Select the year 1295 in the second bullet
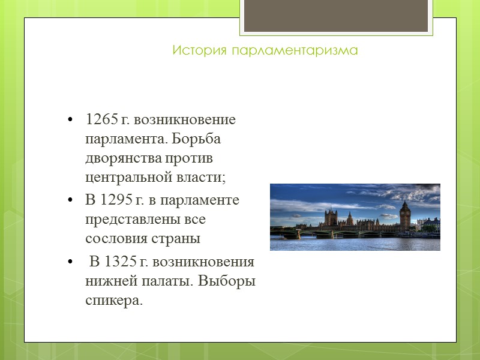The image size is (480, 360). pos(114,200)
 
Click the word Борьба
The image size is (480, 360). pos(197,139)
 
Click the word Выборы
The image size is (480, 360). pos(229,281)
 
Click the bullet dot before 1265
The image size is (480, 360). pos(71,120)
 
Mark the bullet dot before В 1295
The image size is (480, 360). pos(71,200)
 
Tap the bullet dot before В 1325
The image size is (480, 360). pos(71,263)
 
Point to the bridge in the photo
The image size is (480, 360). pos(312,232)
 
